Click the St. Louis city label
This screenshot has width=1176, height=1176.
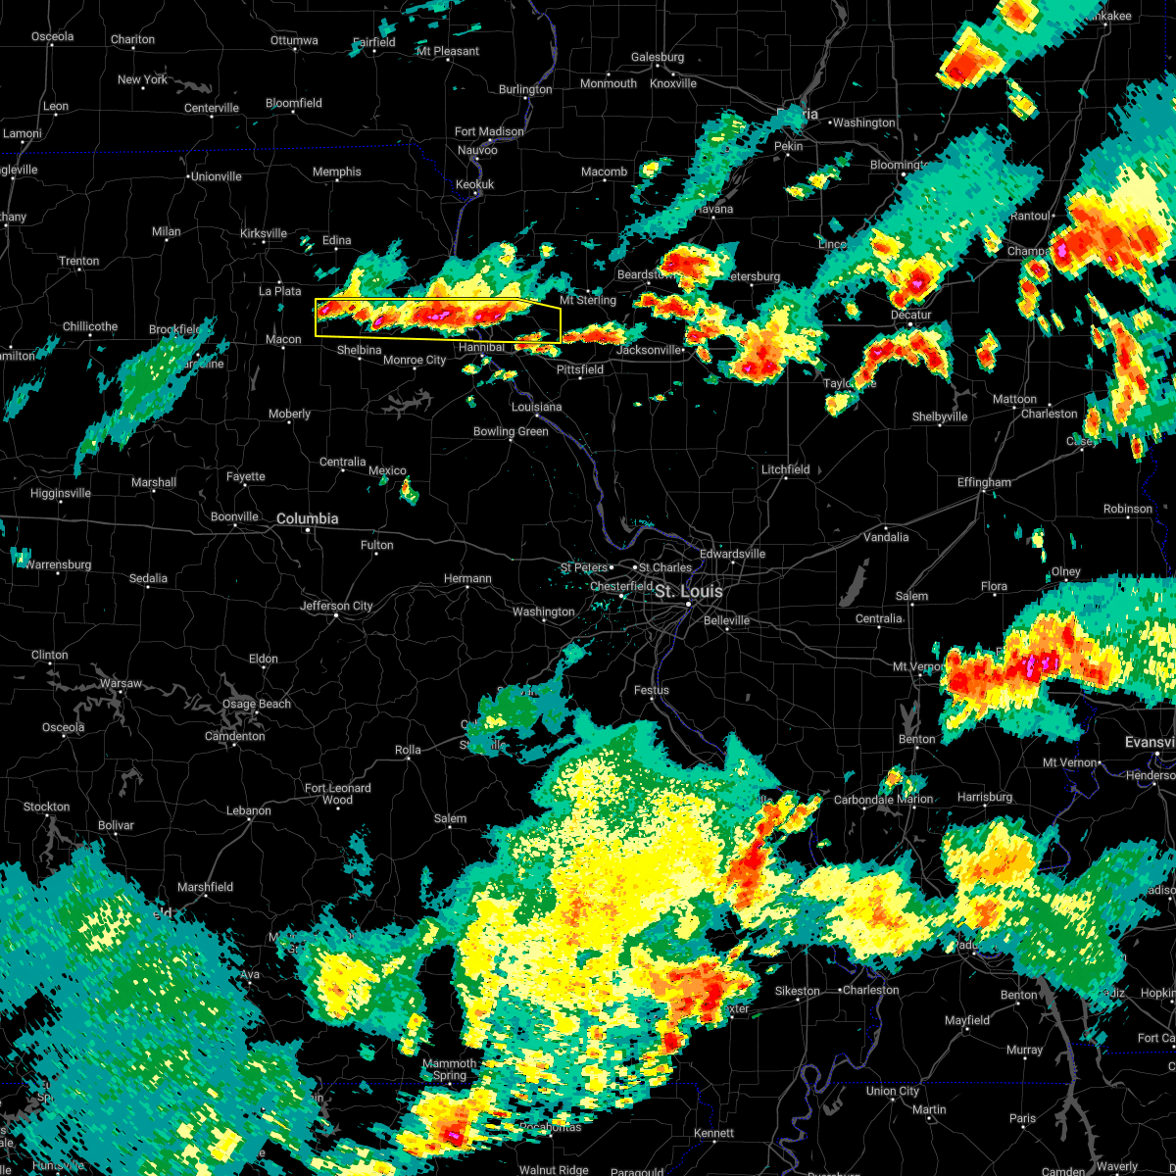click(x=689, y=592)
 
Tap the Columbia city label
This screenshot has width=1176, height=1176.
click(x=307, y=518)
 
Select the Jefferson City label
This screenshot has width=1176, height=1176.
click(x=336, y=606)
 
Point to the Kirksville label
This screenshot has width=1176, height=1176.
click(x=264, y=233)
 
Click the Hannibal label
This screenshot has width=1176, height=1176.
click(x=481, y=347)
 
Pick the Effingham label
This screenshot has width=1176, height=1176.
click(x=984, y=482)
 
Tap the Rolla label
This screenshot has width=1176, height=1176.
click(x=408, y=750)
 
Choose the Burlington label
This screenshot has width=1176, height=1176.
click(x=525, y=89)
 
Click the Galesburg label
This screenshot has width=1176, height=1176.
click(x=657, y=57)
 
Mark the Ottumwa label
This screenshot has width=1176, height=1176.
click(x=294, y=40)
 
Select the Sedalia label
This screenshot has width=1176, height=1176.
click(x=148, y=578)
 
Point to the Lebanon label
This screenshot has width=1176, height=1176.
click(x=248, y=810)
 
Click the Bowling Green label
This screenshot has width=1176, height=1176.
click(x=511, y=431)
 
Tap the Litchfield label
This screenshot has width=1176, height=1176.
click(x=786, y=469)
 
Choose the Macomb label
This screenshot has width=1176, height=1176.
click(x=604, y=171)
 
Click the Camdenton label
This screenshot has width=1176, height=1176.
click(x=234, y=736)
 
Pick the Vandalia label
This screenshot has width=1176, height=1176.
click(x=886, y=537)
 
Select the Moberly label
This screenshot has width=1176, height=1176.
click(x=289, y=414)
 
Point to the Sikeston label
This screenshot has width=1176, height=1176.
click(x=797, y=991)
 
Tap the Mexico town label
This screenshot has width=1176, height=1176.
click(x=387, y=470)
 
